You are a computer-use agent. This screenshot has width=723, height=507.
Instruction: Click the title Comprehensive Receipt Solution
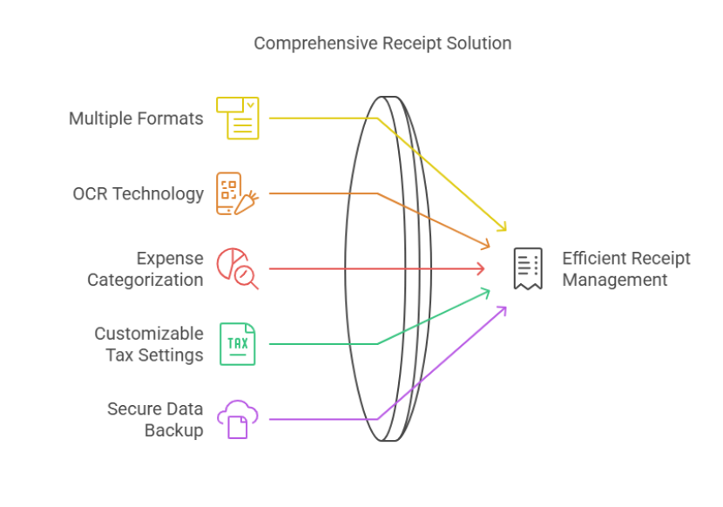(x=382, y=44)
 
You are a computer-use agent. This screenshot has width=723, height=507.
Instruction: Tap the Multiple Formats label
(x=136, y=118)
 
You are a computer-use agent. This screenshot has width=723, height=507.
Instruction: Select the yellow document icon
(x=238, y=118)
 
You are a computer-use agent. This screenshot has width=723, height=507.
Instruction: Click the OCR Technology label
(x=139, y=193)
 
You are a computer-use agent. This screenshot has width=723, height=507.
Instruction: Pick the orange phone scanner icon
(x=238, y=193)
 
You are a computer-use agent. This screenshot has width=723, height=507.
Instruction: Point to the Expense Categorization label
(x=145, y=269)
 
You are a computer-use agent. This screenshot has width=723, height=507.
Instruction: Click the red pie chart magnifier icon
(x=238, y=269)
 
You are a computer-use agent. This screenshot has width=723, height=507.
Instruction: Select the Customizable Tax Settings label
(x=149, y=344)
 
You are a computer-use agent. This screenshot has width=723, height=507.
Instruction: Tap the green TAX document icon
(x=238, y=344)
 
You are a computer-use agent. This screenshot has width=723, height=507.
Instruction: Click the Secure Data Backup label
(x=155, y=419)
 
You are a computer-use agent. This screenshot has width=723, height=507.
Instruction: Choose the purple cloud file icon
(x=238, y=419)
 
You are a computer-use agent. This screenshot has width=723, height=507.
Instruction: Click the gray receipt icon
(x=528, y=269)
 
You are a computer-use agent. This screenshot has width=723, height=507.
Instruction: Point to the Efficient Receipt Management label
(x=626, y=269)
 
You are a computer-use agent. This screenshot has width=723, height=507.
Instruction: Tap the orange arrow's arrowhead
(x=485, y=245)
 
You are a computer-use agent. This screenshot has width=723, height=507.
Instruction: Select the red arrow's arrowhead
(x=482, y=268)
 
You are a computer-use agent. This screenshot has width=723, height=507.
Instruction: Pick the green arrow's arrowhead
(x=485, y=293)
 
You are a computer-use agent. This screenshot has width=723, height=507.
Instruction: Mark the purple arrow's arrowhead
(x=502, y=311)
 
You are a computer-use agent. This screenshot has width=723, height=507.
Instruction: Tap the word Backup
(x=174, y=430)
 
